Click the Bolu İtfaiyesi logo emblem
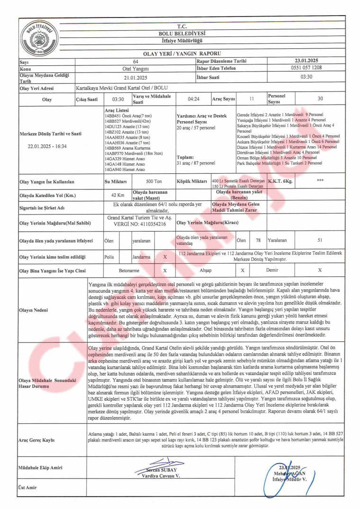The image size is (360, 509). [39, 36]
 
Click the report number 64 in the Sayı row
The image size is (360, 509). [135, 62]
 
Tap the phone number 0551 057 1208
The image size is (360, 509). [306, 68]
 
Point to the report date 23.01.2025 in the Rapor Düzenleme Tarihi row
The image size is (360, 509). [306, 61]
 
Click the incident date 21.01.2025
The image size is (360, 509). [135, 78]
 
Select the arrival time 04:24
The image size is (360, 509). [193, 99]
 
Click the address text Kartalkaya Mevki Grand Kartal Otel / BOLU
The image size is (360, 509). [122, 89]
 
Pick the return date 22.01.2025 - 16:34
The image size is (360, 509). [47, 146]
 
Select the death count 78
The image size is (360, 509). [258, 241]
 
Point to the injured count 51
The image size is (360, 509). [320, 241]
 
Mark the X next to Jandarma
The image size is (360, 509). [165, 257]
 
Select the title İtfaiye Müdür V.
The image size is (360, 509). [290, 480]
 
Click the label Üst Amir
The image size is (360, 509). [28, 488]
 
